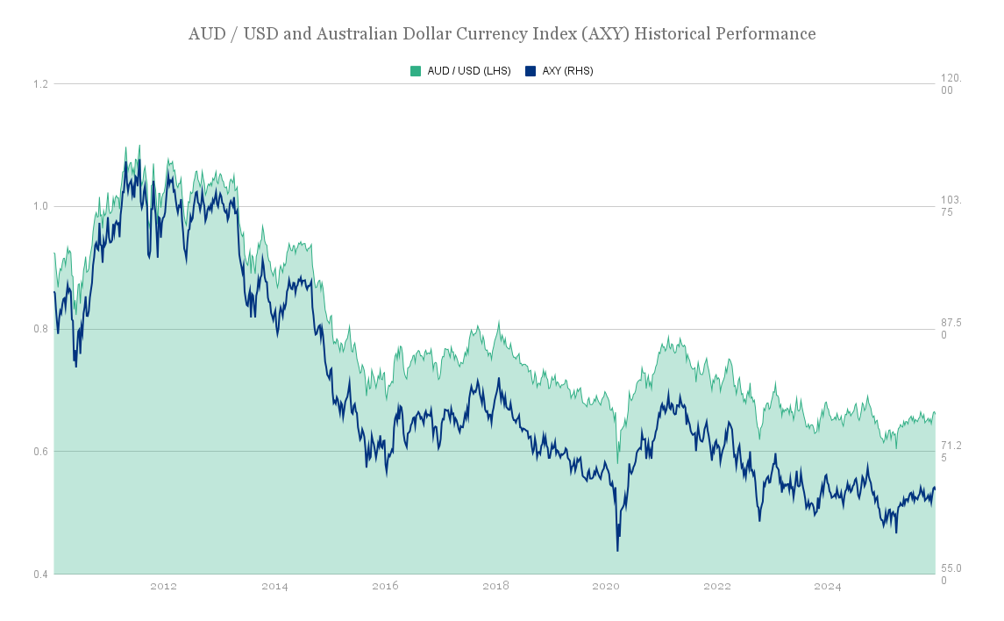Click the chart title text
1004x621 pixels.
[502, 34]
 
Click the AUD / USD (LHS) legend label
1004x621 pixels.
[468, 71]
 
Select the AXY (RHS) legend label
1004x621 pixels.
[567, 71]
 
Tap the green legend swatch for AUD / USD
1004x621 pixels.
[416, 71]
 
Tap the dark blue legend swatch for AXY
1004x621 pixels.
[530, 71]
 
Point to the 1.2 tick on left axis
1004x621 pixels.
[40, 84]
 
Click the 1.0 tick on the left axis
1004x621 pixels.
[40, 207]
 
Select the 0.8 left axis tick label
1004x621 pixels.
[40, 330]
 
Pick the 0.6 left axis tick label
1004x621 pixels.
[40, 453]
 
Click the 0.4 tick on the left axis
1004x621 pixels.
[40, 575]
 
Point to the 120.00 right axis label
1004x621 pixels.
[951, 84]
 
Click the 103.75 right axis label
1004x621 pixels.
[951, 206]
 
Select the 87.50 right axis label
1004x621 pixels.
[951, 329]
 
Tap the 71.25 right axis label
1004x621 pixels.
[951, 452]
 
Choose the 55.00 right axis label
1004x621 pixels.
[951, 575]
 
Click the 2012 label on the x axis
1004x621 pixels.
[163, 587]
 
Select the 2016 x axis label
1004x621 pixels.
[385, 587]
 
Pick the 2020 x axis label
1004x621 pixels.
[606, 587]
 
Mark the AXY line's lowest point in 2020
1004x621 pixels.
[617, 551]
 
